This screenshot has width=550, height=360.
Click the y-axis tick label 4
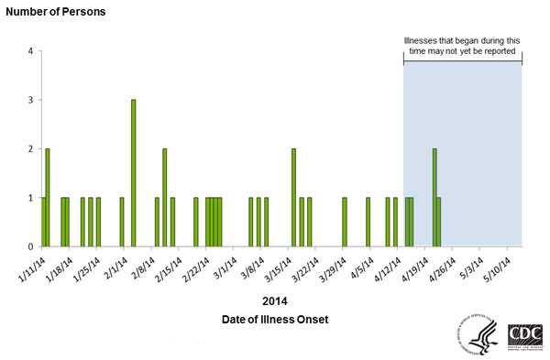coord(30,50)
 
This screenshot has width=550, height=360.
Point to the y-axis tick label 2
coord(30,148)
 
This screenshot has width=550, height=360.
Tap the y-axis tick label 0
coord(30,246)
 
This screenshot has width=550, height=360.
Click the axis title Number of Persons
coord(55,12)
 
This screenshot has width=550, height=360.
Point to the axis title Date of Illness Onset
coord(274,319)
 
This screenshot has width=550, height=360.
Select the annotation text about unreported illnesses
coord(462,47)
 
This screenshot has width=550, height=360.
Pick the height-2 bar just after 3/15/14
coord(293,197)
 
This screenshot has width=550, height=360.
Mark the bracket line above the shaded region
coord(462,62)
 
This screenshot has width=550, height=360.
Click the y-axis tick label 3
coord(30,100)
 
